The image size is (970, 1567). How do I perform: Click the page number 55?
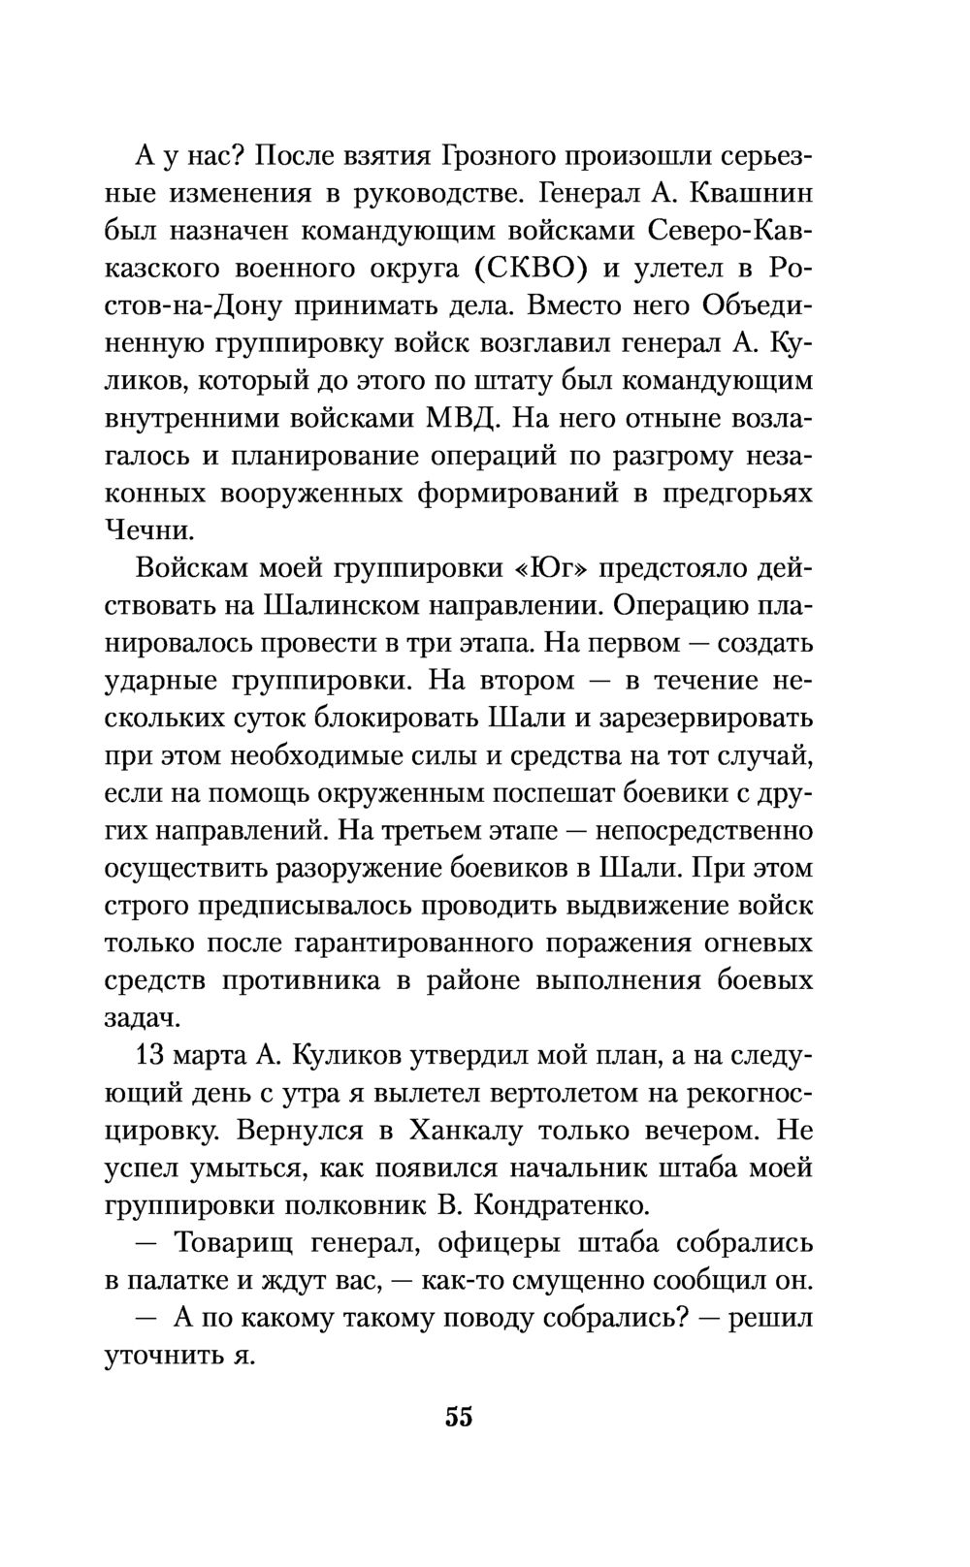[459, 1417]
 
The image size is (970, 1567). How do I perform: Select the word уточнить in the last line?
[161, 1356]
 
